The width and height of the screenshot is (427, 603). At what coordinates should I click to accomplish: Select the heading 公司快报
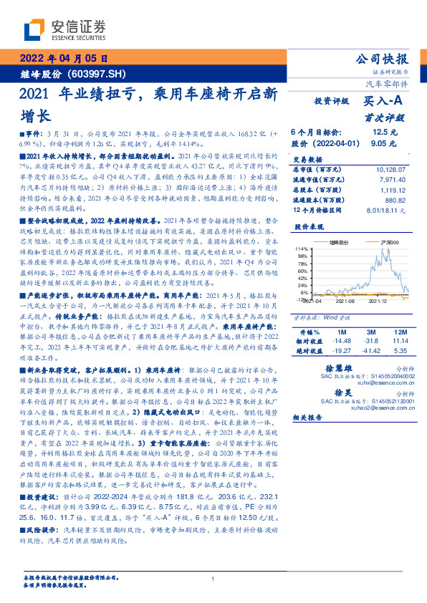pos(386,59)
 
